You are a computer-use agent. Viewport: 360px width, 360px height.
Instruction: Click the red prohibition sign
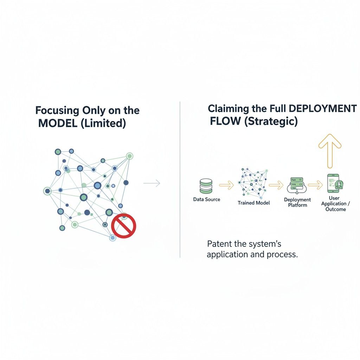click(x=123, y=226)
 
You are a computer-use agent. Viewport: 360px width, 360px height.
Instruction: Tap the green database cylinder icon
click(x=206, y=186)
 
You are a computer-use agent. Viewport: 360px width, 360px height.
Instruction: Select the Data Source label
click(x=207, y=199)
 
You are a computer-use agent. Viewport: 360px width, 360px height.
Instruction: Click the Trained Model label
click(x=254, y=203)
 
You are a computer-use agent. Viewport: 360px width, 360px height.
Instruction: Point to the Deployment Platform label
click(x=297, y=202)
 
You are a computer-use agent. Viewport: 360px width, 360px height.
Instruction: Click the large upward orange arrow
click(x=330, y=150)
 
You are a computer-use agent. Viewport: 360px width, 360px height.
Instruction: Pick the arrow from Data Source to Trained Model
click(x=226, y=184)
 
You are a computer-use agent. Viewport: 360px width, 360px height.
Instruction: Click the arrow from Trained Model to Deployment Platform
click(x=276, y=184)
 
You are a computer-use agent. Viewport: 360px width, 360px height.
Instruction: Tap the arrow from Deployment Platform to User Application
click(x=315, y=184)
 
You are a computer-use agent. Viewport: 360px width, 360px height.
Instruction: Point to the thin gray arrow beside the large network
click(x=152, y=183)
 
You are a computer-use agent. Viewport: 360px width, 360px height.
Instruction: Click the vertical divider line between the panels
click(x=180, y=179)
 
